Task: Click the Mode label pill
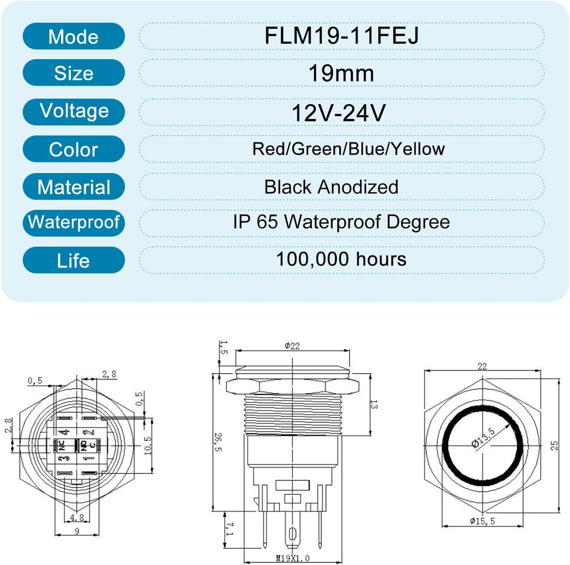(x=74, y=36)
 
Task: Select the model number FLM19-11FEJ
(x=341, y=35)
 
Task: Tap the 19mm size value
(x=341, y=73)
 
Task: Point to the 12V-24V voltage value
(x=338, y=113)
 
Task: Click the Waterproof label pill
(x=74, y=223)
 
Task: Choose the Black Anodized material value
(x=331, y=187)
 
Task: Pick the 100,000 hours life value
(x=341, y=259)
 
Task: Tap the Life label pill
(x=74, y=260)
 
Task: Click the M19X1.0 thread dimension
(x=293, y=558)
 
